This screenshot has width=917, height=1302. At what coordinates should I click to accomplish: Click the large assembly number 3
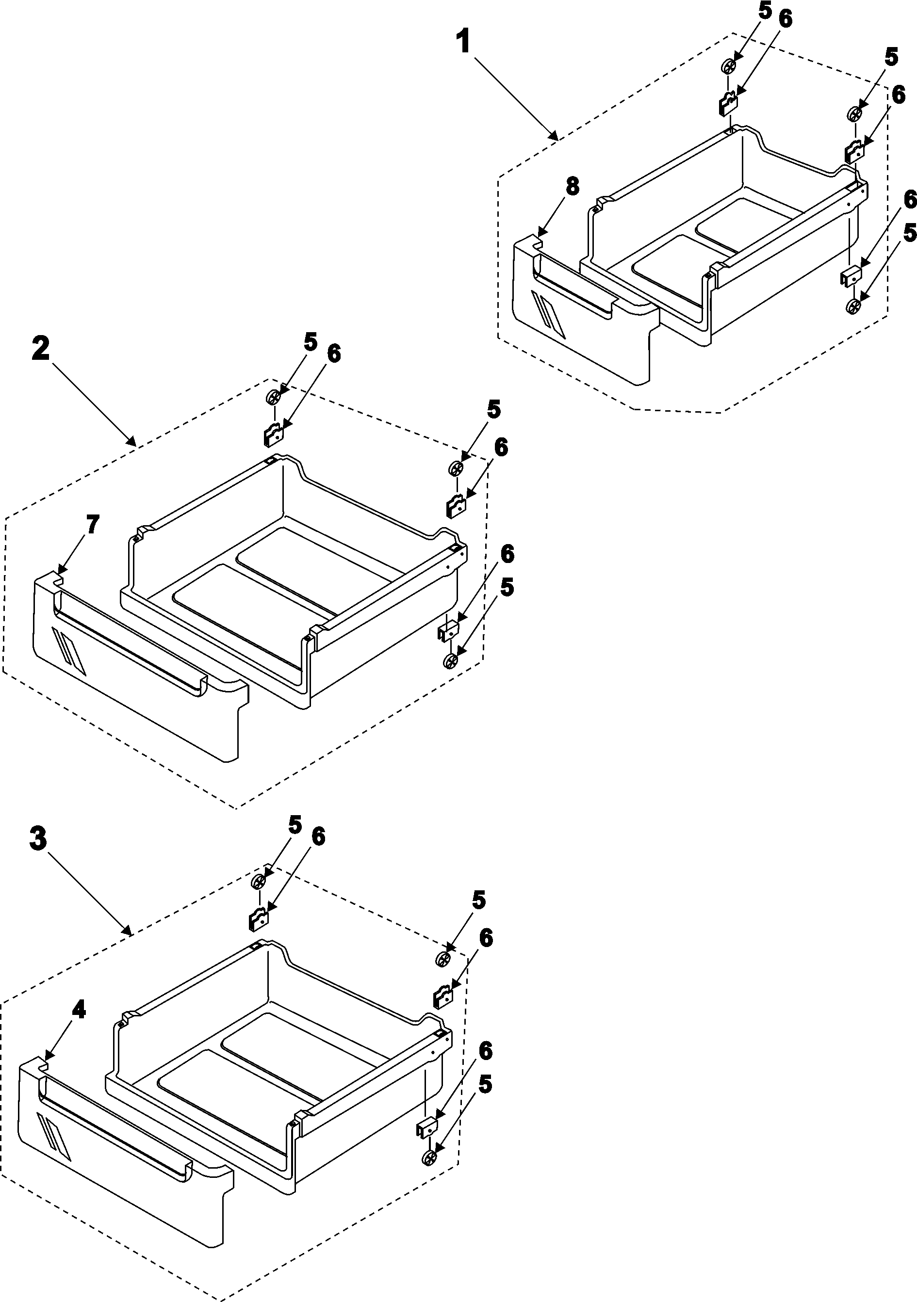[37, 839]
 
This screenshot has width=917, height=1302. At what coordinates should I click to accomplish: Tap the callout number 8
[572, 186]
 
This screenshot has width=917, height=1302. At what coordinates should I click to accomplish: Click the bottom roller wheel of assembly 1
[853, 307]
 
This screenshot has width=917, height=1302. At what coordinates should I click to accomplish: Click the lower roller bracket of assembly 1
[850, 277]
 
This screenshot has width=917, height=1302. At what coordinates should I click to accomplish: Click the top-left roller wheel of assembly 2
[273, 398]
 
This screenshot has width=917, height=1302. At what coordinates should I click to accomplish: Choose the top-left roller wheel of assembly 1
[729, 67]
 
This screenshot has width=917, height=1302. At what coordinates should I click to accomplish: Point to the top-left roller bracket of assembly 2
[273, 435]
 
